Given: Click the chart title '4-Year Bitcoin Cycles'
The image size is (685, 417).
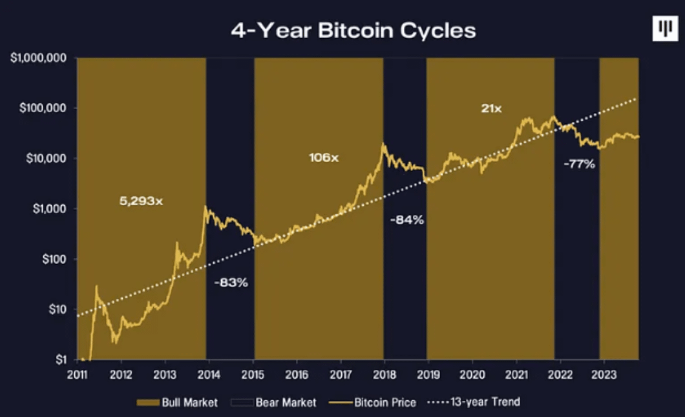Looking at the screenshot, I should (x=353, y=30).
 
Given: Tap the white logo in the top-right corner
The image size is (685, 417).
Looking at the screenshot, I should (x=664, y=29).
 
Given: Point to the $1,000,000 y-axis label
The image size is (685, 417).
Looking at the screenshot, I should (x=40, y=58).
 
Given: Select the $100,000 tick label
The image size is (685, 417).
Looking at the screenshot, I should (x=43, y=108).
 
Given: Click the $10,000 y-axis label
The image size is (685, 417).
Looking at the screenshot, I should (x=46, y=158).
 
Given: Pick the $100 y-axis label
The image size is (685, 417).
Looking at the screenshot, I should (x=52, y=259).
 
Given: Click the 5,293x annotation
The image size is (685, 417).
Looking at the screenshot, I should (x=141, y=201).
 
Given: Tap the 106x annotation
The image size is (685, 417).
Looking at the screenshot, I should (x=323, y=158).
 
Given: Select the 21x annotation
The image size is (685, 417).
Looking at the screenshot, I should (x=490, y=108).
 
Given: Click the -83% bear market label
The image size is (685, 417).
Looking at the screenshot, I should (x=231, y=282).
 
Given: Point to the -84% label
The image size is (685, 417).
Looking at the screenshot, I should (x=406, y=220).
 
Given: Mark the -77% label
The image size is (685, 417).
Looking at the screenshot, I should (x=579, y=165).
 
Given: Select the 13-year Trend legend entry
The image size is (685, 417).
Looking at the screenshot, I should (x=476, y=402).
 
